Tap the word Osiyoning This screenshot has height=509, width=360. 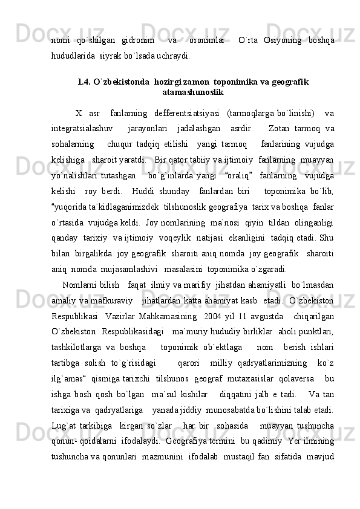(281, 40)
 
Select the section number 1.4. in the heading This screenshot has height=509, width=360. (88, 82)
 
